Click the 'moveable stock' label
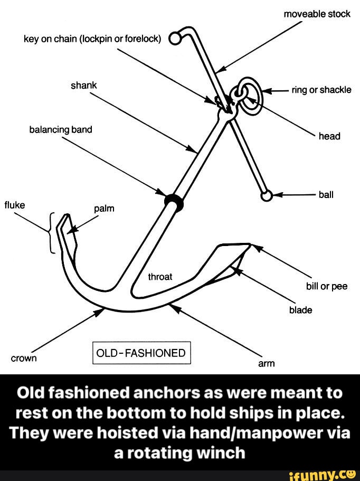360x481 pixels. pos(317,14)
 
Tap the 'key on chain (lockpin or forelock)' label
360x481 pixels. pos(92,39)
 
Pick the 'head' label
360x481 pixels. pos(329,136)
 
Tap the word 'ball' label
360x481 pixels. pos(326,194)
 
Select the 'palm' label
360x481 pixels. pos(104,209)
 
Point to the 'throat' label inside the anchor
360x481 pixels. pos(160,276)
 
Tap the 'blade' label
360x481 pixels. pos(300,310)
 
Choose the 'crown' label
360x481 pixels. pos(24,358)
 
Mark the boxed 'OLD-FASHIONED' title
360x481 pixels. pos(141,353)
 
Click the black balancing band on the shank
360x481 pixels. pos(173,200)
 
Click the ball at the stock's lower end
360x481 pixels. pos(267,196)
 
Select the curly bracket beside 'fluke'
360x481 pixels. pos(51,233)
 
